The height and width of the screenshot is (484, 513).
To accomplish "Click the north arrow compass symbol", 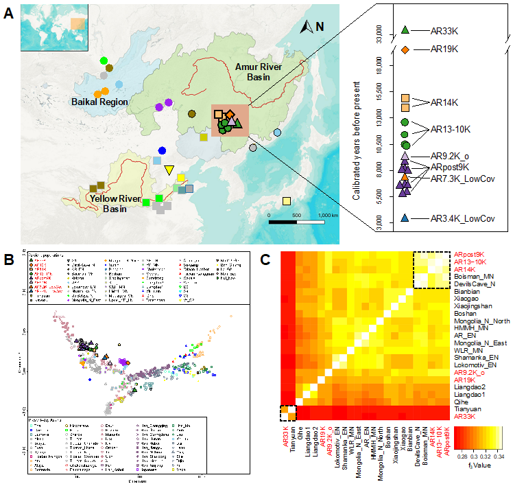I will click(x=309, y=27).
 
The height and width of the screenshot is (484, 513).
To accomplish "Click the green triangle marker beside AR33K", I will click(x=405, y=30).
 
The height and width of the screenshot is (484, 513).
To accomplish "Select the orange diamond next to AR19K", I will click(x=405, y=50).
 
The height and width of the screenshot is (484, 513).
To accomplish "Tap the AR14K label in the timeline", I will click(x=444, y=103).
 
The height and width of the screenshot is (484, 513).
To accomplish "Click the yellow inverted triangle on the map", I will click(x=169, y=170).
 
